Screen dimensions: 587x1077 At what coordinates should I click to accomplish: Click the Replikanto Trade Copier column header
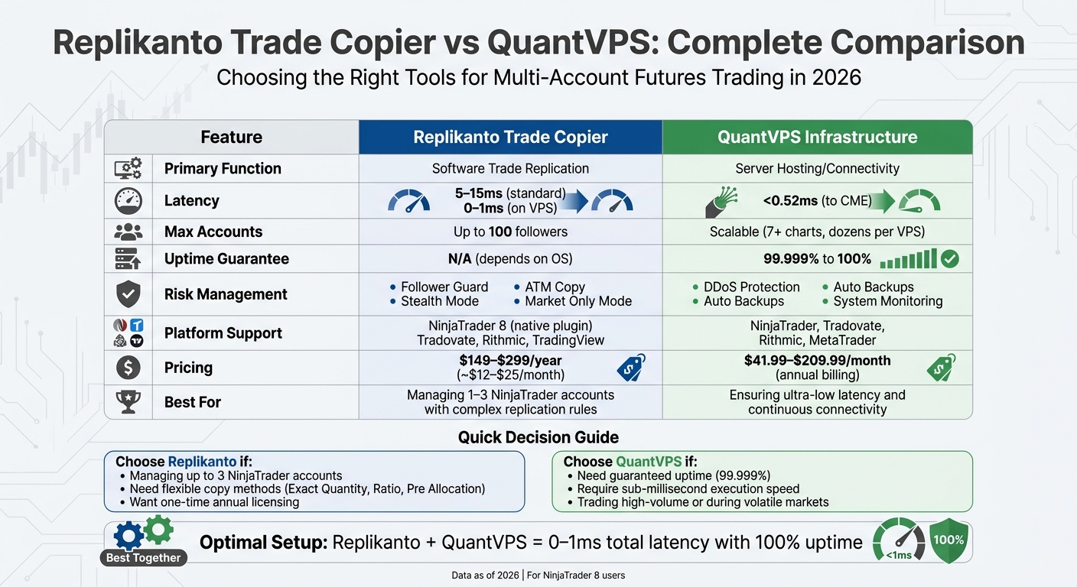tap(510, 138)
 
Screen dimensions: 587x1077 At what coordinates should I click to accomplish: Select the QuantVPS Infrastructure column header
tap(817, 138)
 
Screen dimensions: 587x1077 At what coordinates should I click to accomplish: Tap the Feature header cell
tap(231, 138)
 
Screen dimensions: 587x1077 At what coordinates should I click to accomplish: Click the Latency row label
tap(191, 201)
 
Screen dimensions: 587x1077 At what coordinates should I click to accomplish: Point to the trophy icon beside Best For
tap(128, 401)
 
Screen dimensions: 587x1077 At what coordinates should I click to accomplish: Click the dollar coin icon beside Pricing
tap(128, 368)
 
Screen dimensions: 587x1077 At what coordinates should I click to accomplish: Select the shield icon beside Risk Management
tap(128, 294)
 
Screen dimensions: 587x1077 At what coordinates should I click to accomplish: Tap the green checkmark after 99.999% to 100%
tap(949, 259)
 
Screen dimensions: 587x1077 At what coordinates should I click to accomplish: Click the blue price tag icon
tap(630, 368)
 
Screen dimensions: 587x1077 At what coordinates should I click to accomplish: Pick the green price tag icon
tap(941, 368)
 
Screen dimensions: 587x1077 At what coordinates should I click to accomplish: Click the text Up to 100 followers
tap(510, 232)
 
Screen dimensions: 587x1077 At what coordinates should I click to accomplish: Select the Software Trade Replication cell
tap(510, 169)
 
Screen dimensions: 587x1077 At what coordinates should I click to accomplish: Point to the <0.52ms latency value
tap(791, 201)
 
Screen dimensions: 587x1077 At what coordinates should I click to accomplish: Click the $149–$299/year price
tap(509, 360)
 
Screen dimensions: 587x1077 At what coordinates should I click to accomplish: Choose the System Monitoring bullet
tap(887, 301)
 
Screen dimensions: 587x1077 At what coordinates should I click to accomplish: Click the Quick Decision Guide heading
tap(538, 437)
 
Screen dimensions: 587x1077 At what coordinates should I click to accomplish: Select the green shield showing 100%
tap(948, 540)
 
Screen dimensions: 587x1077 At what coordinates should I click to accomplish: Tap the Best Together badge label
tap(143, 558)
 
